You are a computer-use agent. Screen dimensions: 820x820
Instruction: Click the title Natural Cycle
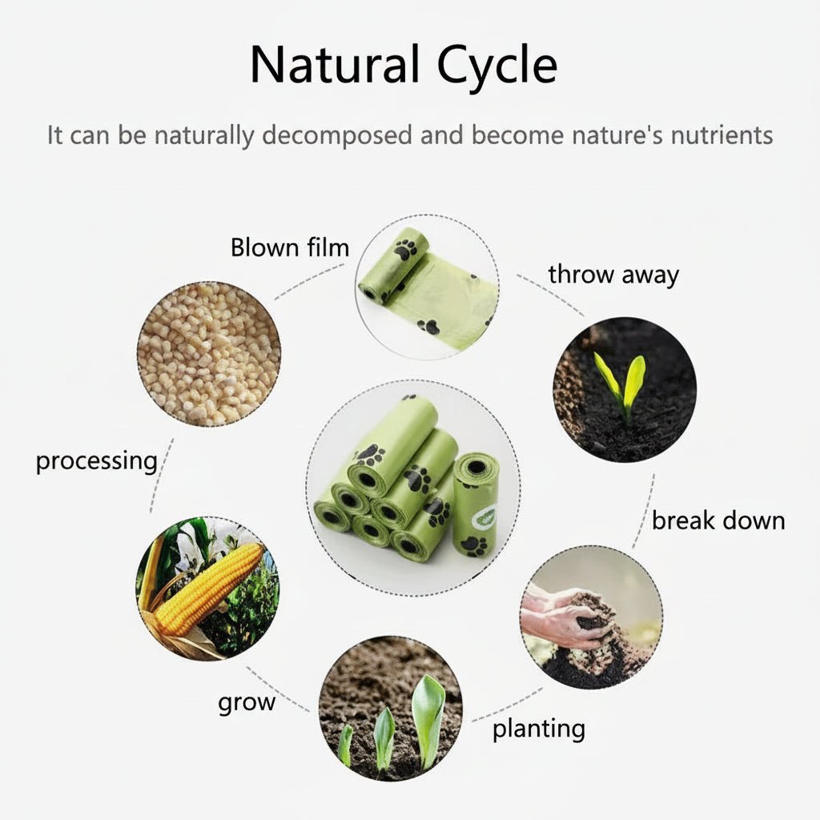click(403, 65)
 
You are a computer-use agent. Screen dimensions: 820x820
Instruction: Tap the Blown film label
click(290, 247)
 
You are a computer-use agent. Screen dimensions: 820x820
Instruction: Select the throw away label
click(613, 275)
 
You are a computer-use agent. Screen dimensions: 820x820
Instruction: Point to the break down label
click(717, 521)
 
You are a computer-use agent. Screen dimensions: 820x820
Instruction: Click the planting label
click(538, 729)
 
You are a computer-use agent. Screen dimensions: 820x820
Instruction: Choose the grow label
click(247, 703)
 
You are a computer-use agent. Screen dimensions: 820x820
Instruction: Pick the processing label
click(96, 461)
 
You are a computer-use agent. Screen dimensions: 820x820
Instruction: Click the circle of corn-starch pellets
click(208, 353)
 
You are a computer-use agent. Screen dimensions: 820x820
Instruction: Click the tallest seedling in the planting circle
click(428, 713)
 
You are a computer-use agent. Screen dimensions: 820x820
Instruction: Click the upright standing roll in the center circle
click(476, 505)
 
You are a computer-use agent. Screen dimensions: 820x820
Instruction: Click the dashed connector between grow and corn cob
click(276, 688)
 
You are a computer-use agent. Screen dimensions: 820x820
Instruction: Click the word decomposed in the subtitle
click(336, 135)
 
